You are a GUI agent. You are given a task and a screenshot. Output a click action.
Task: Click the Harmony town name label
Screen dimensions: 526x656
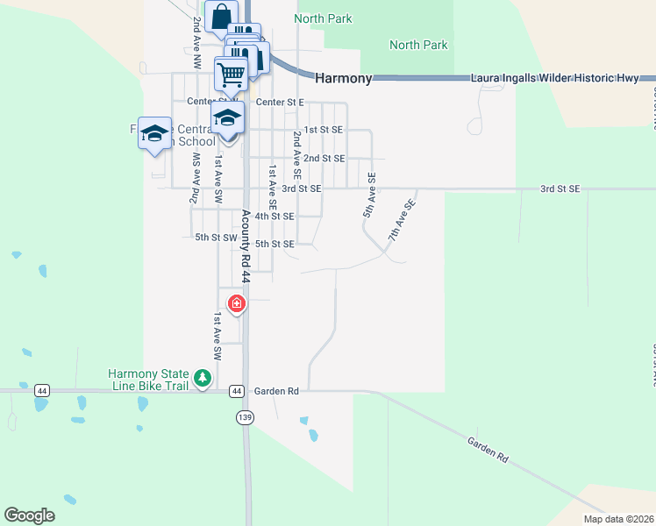(x=343, y=78)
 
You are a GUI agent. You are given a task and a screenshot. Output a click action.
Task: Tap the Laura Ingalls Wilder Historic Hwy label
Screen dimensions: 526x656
(x=555, y=78)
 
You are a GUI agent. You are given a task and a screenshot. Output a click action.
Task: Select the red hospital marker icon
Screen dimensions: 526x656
(x=236, y=304)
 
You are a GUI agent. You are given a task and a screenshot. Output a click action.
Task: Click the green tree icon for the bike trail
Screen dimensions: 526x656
(x=203, y=379)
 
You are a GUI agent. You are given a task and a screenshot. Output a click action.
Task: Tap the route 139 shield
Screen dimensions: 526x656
(x=245, y=418)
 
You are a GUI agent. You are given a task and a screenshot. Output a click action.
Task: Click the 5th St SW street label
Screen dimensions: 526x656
(x=216, y=238)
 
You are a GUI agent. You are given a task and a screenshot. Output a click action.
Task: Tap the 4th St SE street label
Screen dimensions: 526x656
(x=274, y=216)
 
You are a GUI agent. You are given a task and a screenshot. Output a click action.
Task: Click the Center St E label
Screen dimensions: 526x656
(x=279, y=103)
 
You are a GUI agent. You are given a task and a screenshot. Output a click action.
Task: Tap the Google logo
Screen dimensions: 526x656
(x=29, y=515)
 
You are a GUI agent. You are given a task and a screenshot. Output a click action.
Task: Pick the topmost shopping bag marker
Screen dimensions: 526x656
(x=221, y=15)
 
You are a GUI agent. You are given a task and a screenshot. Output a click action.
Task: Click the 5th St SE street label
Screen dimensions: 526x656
(x=274, y=244)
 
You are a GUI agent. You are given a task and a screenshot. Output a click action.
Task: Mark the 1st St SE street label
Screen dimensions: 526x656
(x=322, y=129)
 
